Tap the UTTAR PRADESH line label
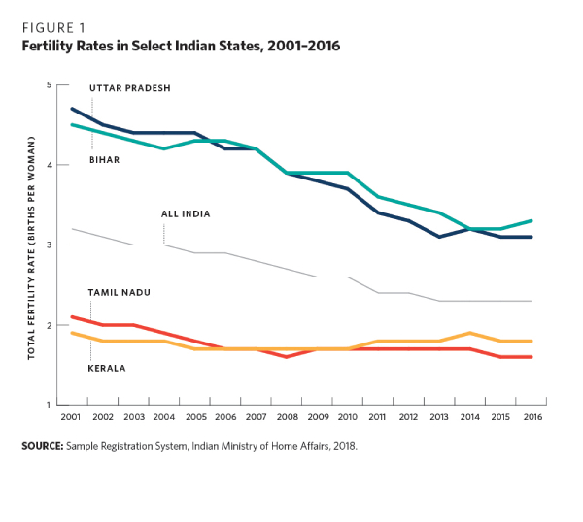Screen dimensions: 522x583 click(130, 88)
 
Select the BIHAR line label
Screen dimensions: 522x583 click(104, 159)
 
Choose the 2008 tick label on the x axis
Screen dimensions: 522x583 click(289, 416)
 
